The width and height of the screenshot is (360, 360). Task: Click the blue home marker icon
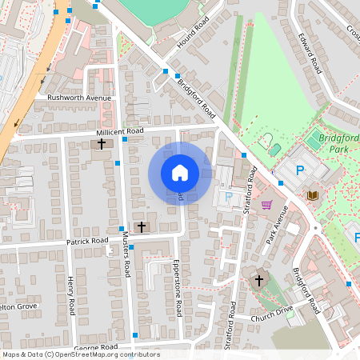[x=180, y=173]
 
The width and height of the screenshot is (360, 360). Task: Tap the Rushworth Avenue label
[x=78, y=98]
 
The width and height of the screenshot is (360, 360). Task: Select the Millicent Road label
[x=120, y=130]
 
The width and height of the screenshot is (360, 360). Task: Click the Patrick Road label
[x=87, y=241]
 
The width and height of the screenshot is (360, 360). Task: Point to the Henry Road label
[x=70, y=295]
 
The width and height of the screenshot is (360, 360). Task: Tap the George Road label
[x=95, y=347]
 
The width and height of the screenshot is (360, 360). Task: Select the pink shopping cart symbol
[x=266, y=204]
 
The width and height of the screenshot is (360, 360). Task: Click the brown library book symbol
[x=311, y=194]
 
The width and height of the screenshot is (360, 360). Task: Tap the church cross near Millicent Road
[x=102, y=144]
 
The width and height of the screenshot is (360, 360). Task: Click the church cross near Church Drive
[x=258, y=281]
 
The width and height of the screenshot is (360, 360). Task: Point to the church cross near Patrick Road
[x=142, y=227]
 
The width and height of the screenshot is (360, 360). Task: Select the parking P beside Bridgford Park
[x=301, y=170]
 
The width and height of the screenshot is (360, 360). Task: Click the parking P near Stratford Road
[x=229, y=196]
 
